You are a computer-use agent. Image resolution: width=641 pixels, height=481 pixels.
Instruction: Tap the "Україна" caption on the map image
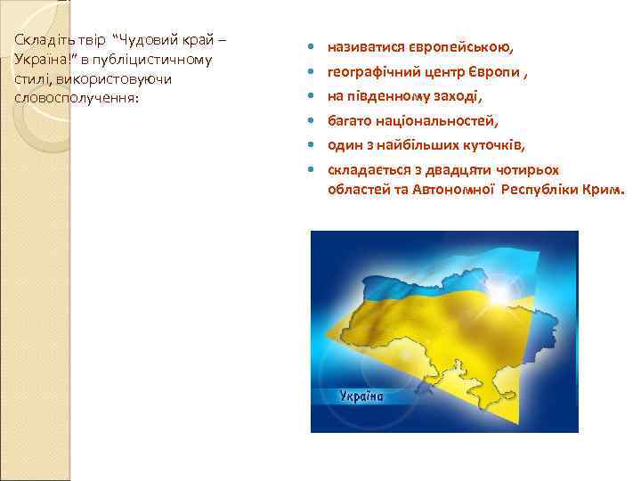coord(361,396)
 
